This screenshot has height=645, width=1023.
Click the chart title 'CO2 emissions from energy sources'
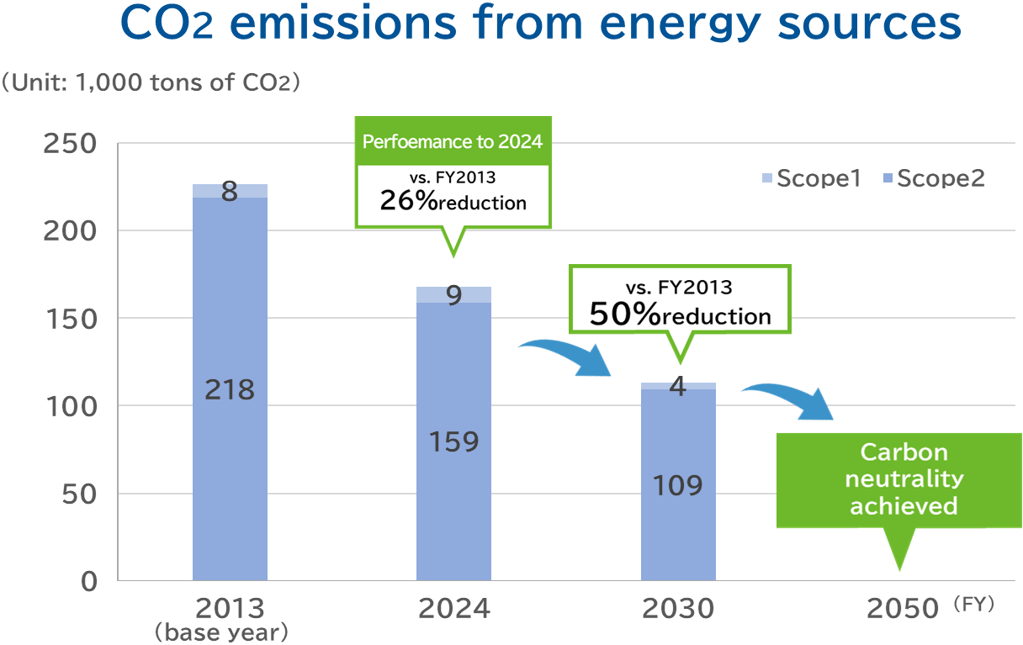pos(541,25)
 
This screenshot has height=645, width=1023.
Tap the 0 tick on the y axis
pos(88,581)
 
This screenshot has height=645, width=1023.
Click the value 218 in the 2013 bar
pos(230,390)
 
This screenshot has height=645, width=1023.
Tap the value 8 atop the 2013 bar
pos(230,193)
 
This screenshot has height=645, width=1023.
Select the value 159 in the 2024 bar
pos(453,441)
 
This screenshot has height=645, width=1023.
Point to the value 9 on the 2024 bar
pos(453,296)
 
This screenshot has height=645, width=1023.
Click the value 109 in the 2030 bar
pos(678,485)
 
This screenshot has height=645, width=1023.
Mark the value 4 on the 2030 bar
pos(678,388)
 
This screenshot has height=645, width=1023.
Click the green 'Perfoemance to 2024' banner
pos(453,140)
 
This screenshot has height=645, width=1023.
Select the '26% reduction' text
pos(453,201)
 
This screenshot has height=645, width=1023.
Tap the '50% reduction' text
pos(680,315)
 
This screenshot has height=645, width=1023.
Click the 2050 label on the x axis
pos(902,608)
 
